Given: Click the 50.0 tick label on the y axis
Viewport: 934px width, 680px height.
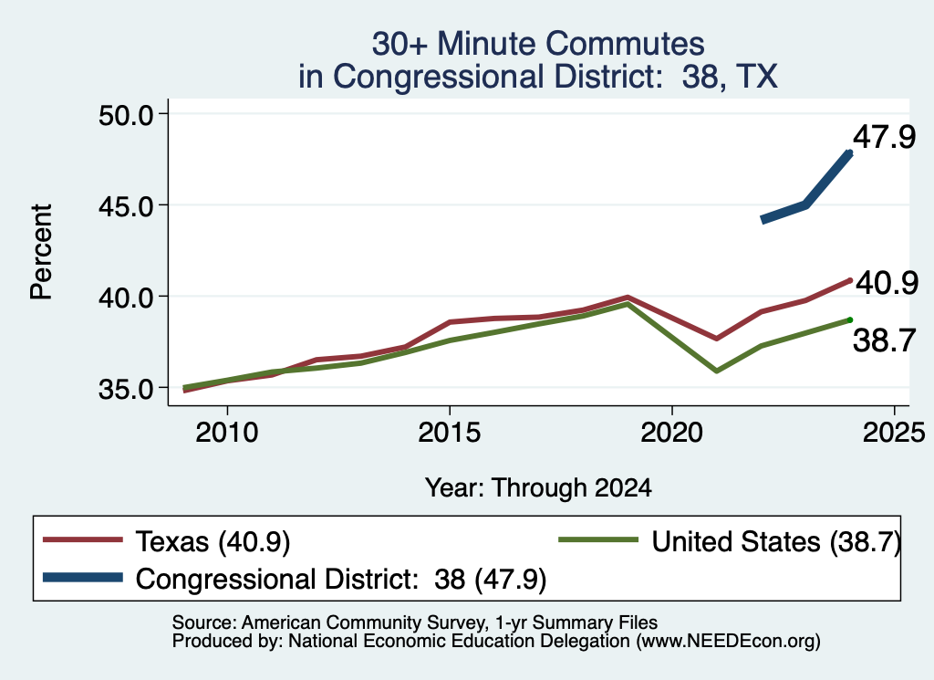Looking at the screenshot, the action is pyautogui.click(x=125, y=115).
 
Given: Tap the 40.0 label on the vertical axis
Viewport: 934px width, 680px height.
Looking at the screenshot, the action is pyautogui.click(x=125, y=298).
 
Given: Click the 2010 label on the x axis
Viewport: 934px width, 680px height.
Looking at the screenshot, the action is pyautogui.click(x=227, y=433).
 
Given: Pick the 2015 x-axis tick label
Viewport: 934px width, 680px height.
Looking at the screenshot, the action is pyautogui.click(x=449, y=433).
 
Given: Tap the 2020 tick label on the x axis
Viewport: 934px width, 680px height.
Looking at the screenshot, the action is pyautogui.click(x=672, y=433).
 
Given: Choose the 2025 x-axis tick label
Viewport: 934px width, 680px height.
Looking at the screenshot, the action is pyautogui.click(x=894, y=433).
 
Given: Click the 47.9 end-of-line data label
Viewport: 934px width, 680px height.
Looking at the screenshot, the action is pyautogui.click(x=884, y=137).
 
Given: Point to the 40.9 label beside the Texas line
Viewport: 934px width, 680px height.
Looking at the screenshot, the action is pyautogui.click(x=887, y=283).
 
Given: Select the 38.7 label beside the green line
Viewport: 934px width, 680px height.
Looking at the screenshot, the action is pyautogui.click(x=884, y=341).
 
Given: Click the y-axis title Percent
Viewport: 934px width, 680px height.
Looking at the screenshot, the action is pyautogui.click(x=42, y=252).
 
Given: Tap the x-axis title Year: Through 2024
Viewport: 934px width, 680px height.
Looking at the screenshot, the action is pyautogui.click(x=538, y=488).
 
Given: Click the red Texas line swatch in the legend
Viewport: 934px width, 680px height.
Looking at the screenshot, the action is pyautogui.click(x=83, y=540).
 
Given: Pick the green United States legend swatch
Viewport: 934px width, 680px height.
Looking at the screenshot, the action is pyautogui.click(x=598, y=540).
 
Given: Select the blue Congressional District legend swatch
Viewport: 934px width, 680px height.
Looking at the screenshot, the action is pyautogui.click(x=83, y=578).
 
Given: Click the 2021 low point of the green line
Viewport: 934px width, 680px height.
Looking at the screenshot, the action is pyautogui.click(x=716, y=371).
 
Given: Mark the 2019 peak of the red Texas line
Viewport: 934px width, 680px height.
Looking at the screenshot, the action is pyautogui.click(x=628, y=297).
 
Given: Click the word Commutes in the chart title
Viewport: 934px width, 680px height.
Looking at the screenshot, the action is pyautogui.click(x=625, y=44).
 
